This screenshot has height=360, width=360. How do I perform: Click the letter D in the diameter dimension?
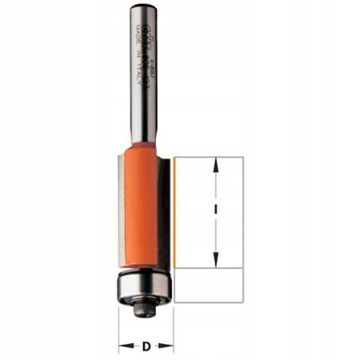click(x=146, y=347)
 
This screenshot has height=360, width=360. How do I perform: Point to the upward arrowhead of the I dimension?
click(x=214, y=165)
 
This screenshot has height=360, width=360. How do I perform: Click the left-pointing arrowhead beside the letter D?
click(x=124, y=347)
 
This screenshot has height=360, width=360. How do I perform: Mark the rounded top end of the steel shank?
click(x=142, y=7)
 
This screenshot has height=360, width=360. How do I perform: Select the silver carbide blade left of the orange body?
click(x=119, y=216)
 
